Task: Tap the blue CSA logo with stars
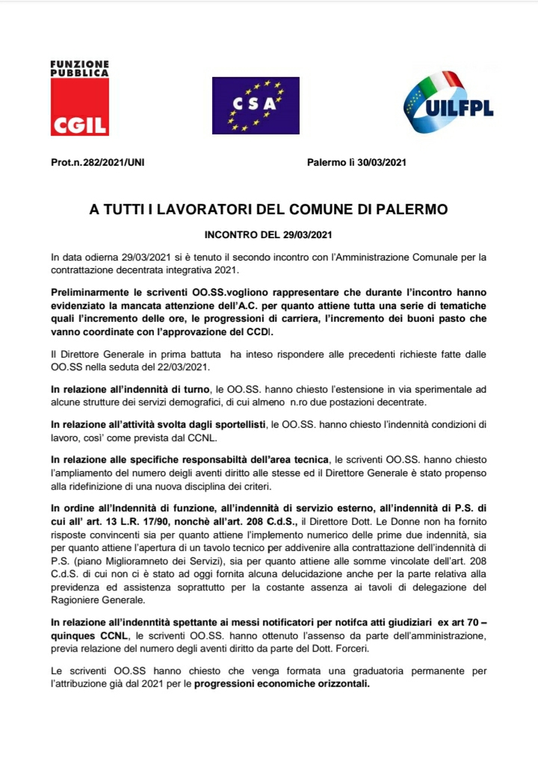256,105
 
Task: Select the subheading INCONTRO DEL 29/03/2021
268,235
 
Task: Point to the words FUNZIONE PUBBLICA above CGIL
79,68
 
